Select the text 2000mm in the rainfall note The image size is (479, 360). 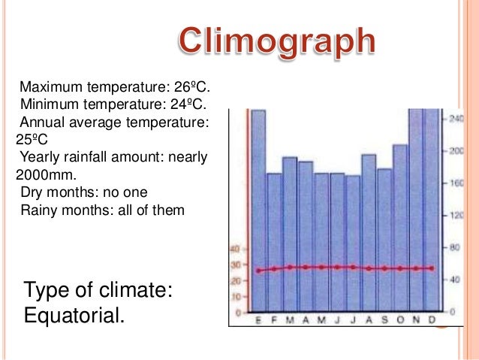click(x=42, y=174)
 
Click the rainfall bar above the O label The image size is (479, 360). click(x=400, y=225)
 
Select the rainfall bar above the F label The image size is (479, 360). click(x=274, y=241)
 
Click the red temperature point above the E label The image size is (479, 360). click(x=258, y=271)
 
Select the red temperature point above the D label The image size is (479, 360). click(x=432, y=268)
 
